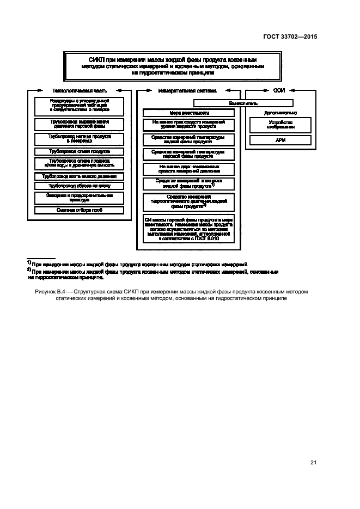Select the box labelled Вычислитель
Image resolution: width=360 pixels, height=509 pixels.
click(x=243, y=103)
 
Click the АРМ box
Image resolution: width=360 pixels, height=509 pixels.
click(x=280, y=140)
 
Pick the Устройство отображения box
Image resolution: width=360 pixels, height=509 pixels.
click(x=280, y=126)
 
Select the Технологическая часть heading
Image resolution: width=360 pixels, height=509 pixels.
click(x=79, y=90)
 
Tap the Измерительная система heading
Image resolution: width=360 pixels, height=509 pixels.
click(x=188, y=90)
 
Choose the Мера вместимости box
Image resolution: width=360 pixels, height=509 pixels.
click(x=188, y=113)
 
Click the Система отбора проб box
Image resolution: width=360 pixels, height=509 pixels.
click(x=80, y=210)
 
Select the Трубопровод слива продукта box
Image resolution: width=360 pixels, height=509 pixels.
click(x=80, y=151)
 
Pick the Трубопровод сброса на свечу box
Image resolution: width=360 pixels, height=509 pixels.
click(x=80, y=186)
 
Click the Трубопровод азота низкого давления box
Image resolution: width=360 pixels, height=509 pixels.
click(x=80, y=176)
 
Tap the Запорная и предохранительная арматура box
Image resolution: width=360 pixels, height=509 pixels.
click(x=80, y=197)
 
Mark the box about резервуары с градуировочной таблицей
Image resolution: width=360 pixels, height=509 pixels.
click(x=80, y=105)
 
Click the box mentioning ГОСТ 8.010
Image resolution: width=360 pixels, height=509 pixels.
click(x=188, y=228)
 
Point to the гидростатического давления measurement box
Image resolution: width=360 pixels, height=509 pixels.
click(x=188, y=201)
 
